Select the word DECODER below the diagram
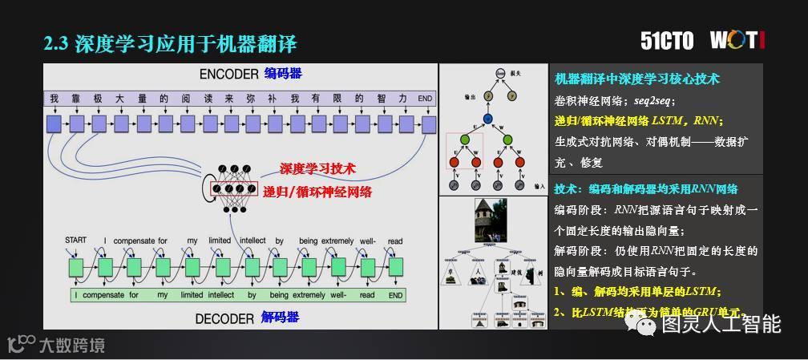[x=224, y=318]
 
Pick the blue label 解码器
[x=280, y=318]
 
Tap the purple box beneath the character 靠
[x=76, y=123]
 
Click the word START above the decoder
[x=75, y=241]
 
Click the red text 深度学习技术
[x=317, y=169]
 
